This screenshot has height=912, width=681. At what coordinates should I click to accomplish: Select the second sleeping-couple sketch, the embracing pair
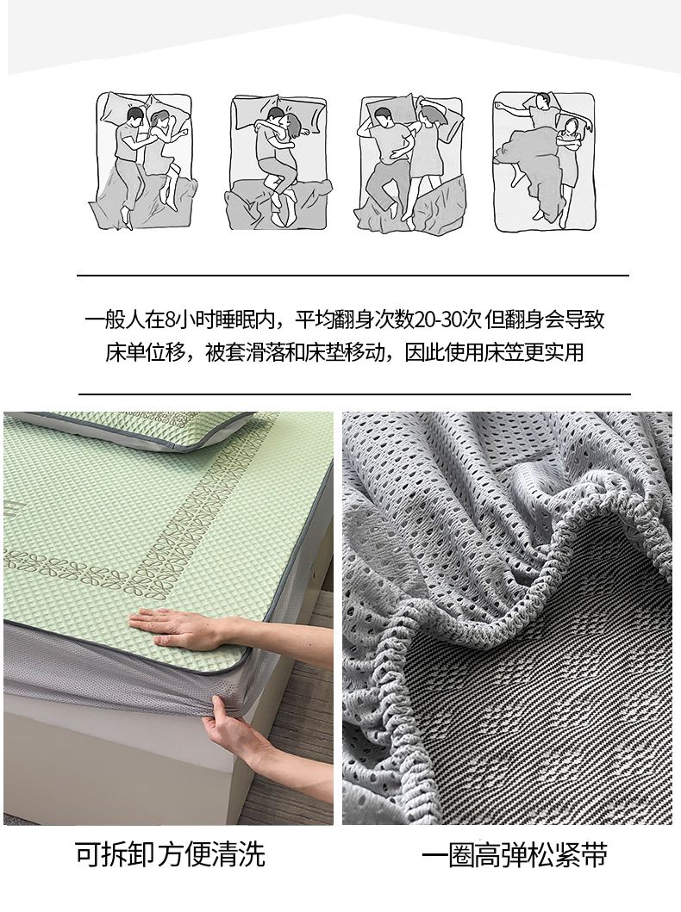point(277,162)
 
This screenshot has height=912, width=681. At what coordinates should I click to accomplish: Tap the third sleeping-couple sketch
point(409,163)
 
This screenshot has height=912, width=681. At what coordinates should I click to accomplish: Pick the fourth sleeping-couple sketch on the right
point(544,161)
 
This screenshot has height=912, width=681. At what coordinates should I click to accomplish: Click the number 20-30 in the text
point(447,320)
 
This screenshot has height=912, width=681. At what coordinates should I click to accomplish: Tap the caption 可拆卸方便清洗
point(170,853)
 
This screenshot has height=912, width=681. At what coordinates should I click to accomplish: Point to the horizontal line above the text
point(353,275)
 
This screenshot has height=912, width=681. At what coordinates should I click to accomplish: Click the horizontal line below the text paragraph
point(354,394)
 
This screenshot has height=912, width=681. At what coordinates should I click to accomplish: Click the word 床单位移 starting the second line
point(145,352)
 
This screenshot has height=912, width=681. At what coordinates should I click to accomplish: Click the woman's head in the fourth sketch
point(571,125)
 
